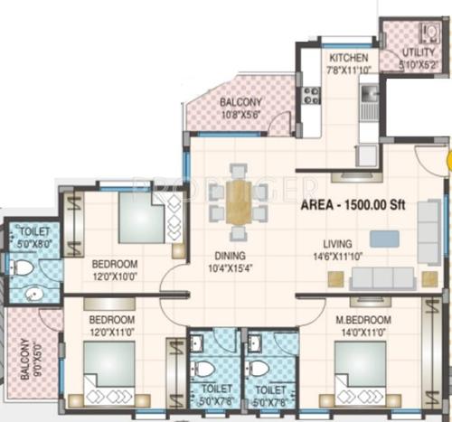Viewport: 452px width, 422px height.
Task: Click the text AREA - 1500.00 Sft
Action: click(x=353, y=206)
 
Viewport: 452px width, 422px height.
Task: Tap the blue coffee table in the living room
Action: click(x=383, y=239)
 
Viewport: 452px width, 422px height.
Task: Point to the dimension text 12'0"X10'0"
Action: click(x=115, y=277)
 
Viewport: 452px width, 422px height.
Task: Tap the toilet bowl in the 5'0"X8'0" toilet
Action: click(x=22, y=267)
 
